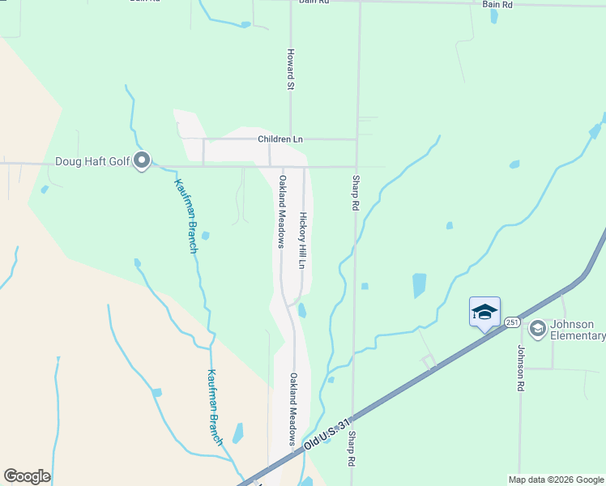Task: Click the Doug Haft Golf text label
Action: click(x=92, y=161)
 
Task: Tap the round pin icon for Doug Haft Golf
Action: click(x=143, y=161)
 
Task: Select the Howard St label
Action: click(x=289, y=68)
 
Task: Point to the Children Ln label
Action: click(x=280, y=139)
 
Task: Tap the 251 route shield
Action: click(x=512, y=322)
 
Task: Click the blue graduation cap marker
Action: click(x=484, y=312)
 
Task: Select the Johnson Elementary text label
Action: click(x=578, y=330)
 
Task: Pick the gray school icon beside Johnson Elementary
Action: click(x=536, y=329)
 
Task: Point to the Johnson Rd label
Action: click(x=521, y=368)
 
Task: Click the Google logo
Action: click(x=27, y=476)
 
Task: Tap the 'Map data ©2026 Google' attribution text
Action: click(x=557, y=480)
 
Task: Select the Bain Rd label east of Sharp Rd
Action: click(x=497, y=5)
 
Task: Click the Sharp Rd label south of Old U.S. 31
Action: click(x=352, y=448)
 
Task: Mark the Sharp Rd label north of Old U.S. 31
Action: click(x=355, y=193)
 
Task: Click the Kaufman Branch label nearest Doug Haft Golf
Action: click(x=186, y=215)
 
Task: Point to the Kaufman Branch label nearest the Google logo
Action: click(x=214, y=407)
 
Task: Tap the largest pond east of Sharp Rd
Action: click(x=419, y=284)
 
